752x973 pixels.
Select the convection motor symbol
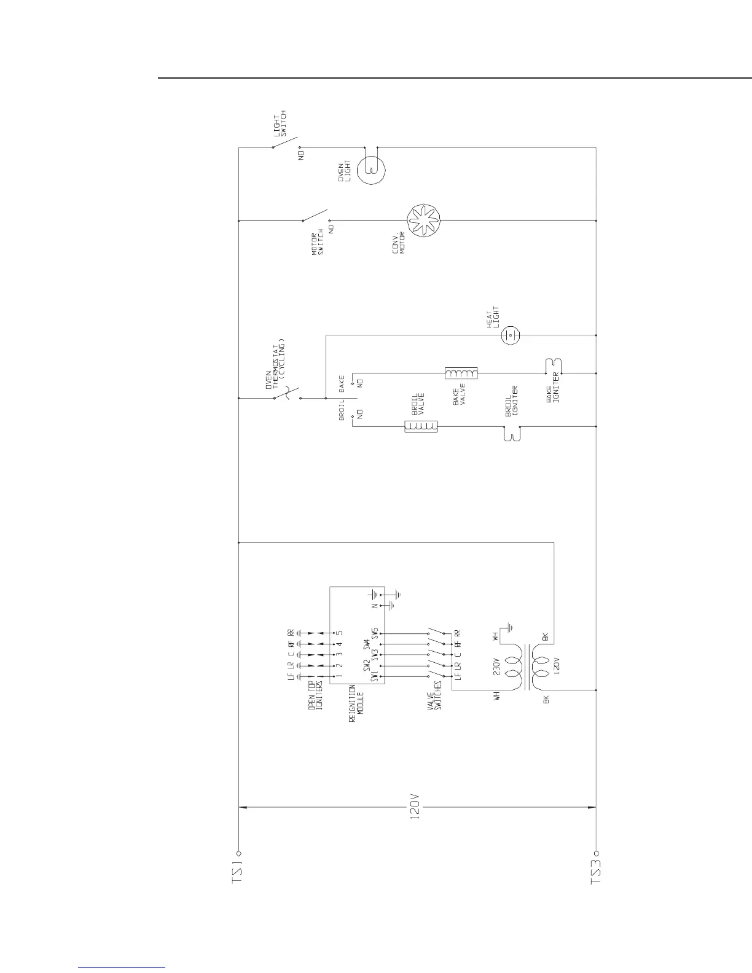[425, 221]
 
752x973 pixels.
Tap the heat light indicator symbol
[511, 335]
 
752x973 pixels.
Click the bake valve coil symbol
[461, 373]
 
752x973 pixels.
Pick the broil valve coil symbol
[421, 426]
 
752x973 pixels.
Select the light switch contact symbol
[286, 143]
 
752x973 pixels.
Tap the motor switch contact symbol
[315, 216]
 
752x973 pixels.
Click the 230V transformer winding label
[496, 666]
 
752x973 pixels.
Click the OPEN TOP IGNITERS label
[316, 697]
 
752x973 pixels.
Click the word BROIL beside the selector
[342, 410]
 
